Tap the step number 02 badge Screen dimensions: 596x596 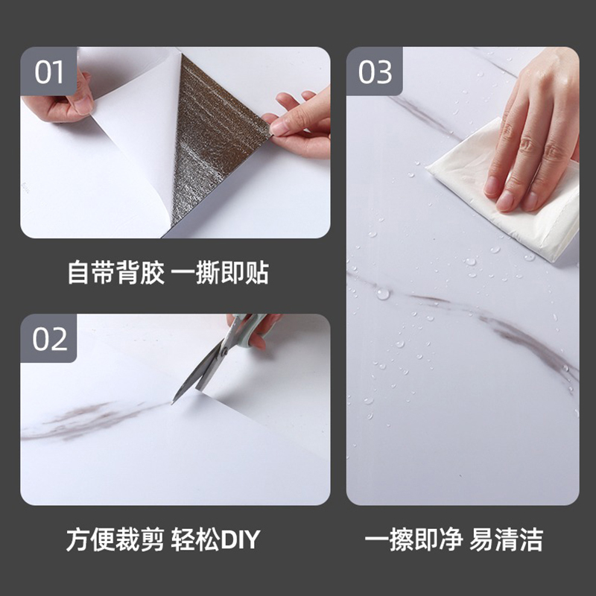(51, 339)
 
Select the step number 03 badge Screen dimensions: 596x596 (375, 73)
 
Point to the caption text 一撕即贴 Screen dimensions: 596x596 (221, 273)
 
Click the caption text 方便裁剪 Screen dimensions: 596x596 (114, 539)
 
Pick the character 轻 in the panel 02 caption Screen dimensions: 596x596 (183, 539)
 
